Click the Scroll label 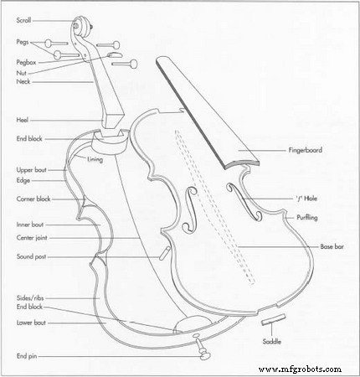[23, 20]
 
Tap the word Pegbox [26, 63]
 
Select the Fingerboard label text [306, 150]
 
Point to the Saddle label [272, 342]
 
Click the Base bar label [332, 246]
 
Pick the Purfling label [307, 218]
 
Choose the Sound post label [31, 256]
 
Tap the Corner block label [33, 199]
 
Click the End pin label [27, 356]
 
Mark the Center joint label [32, 238]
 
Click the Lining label [95, 159]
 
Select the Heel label [23, 121]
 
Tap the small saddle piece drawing [274, 319]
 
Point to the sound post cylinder [165, 253]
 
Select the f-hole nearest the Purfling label [244, 201]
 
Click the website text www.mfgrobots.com [301, 369]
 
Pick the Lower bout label [31, 323]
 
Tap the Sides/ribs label [30, 298]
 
